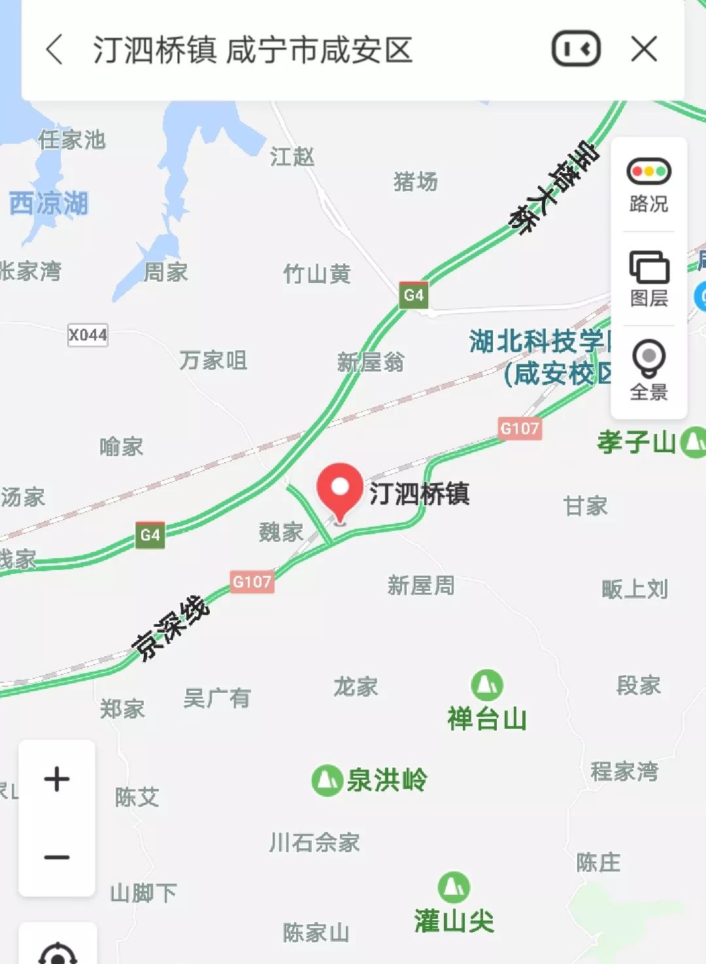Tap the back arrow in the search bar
click(55, 50)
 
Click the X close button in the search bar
click(644, 49)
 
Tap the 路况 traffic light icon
click(648, 172)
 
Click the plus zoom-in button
click(57, 779)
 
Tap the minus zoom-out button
click(57, 857)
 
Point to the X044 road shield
click(88, 335)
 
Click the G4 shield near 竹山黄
click(413, 295)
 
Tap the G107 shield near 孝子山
click(520, 429)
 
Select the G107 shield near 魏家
click(252, 581)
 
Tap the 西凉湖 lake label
click(48, 204)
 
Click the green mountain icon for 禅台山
click(487, 685)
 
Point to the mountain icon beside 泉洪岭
click(327, 780)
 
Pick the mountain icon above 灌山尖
click(454, 887)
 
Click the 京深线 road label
click(171, 627)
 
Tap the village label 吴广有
click(217, 699)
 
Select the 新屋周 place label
click(420, 585)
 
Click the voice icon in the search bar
click(576, 49)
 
